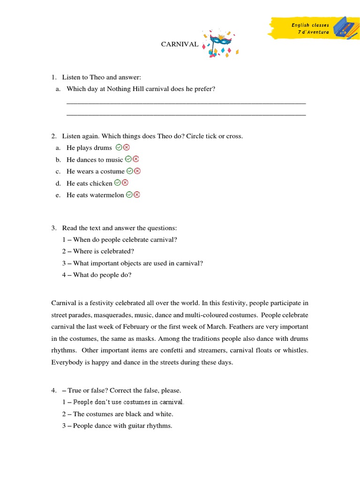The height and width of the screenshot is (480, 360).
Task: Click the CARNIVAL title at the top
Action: (x=180, y=45)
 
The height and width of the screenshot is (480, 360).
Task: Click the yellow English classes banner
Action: (x=305, y=29)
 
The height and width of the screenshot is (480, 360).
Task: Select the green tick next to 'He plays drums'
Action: (x=119, y=147)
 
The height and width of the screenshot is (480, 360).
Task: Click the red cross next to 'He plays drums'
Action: (x=126, y=147)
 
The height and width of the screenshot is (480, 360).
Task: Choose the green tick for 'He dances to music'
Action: (x=128, y=159)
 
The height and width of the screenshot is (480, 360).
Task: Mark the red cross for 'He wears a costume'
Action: (x=137, y=171)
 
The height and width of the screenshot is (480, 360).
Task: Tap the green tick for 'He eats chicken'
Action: (x=118, y=183)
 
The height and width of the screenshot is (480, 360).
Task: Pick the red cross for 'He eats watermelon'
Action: (x=137, y=195)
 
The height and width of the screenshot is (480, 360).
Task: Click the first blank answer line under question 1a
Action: (x=186, y=103)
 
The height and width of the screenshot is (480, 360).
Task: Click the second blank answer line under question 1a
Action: (x=186, y=114)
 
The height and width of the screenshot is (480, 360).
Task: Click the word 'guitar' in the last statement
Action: (x=135, y=426)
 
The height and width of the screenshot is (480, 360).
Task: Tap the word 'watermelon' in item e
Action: (x=107, y=195)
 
